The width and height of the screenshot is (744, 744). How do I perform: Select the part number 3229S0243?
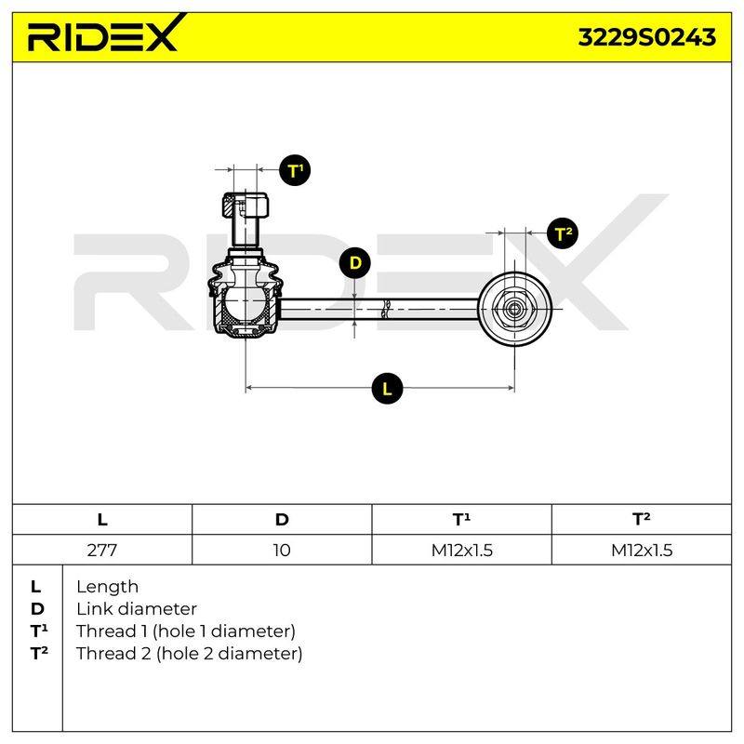pos(646,37)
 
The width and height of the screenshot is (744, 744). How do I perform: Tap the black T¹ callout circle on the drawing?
pos(295,170)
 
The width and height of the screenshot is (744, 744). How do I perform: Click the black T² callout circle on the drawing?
pos(563,233)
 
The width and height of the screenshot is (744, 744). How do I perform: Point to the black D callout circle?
pos(355,262)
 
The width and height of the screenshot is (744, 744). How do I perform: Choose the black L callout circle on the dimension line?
pos(387,389)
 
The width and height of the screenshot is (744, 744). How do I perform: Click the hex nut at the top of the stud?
pos(246,205)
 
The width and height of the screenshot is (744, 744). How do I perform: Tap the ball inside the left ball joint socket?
pos(246,301)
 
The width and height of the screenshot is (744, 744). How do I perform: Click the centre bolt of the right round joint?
pos(514,310)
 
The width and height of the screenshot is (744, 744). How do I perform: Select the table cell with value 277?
pos(102,550)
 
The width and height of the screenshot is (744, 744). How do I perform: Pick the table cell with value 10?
pos(282,550)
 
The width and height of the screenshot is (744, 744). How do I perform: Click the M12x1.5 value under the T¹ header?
pos(461,550)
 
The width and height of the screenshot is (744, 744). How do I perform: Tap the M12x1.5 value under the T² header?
pos(642,550)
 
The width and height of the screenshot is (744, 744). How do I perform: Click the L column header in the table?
pos(102,520)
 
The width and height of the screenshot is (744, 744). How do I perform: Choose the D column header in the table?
pos(282,520)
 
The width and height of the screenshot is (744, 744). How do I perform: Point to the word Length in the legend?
pos(107,587)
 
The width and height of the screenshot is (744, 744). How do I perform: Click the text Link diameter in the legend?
pos(137,609)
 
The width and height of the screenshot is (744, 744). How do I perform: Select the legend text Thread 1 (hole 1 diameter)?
pos(186,631)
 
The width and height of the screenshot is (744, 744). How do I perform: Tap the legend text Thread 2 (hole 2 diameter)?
pos(190,654)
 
